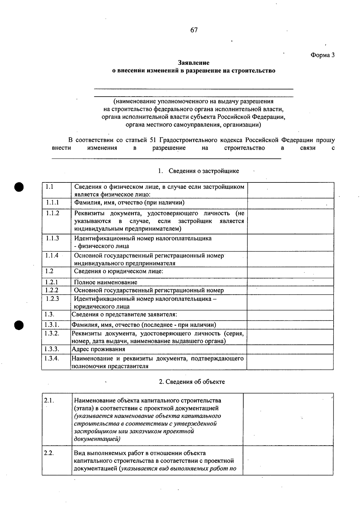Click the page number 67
[x=194, y=30]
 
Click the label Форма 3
[x=322, y=55]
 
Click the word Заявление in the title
[x=193, y=63]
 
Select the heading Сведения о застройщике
[x=204, y=171]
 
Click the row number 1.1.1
[x=52, y=203]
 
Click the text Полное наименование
[x=106, y=282]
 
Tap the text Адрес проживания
[x=98, y=349]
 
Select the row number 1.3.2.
[x=52, y=333]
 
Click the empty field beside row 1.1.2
[x=290, y=221]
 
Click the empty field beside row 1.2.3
[x=290, y=302]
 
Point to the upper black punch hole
[x=19, y=187]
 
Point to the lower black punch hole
[x=19, y=325]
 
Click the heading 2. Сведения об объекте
[x=192, y=382]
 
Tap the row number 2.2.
[x=49, y=453]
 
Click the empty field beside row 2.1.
[x=288, y=419]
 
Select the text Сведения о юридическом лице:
[x=118, y=271]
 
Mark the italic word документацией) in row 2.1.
[x=97, y=439]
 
